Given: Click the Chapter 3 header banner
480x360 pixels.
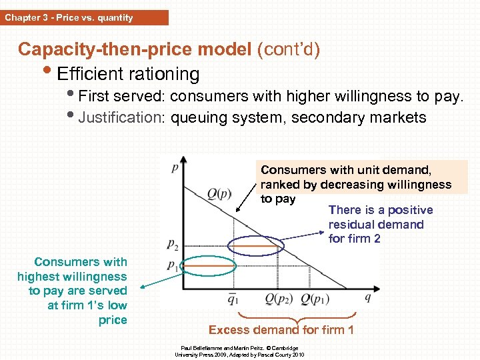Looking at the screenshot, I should [x=84, y=18].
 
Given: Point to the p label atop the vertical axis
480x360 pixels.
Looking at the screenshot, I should [x=175, y=167].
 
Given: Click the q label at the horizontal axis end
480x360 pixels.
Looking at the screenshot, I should [x=368, y=297].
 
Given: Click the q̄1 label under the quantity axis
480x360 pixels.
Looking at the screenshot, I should [x=232, y=299].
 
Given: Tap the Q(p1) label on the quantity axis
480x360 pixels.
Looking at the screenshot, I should [x=317, y=299].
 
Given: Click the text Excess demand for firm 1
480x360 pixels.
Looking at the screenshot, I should [x=281, y=330].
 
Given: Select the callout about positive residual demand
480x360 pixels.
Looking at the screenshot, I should [x=380, y=225].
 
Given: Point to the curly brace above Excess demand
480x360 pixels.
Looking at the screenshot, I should [x=297, y=315].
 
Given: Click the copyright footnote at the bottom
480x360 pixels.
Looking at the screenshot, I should [x=240, y=351].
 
